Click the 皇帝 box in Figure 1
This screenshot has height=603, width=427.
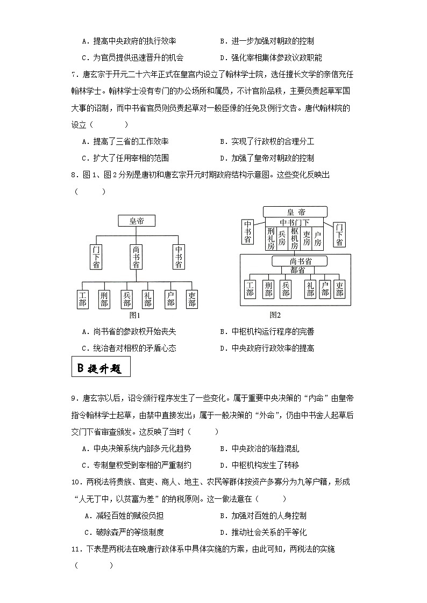click(x=136, y=221)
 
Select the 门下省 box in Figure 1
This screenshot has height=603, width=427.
click(x=96, y=257)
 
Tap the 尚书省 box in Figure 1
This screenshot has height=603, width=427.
click(x=136, y=257)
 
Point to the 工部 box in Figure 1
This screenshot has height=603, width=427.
click(x=83, y=299)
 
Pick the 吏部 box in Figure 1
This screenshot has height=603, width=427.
click(x=192, y=299)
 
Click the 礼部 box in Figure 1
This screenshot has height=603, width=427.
click(x=148, y=299)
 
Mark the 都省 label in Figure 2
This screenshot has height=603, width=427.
click(x=297, y=270)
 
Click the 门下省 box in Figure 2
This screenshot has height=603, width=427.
click(x=339, y=235)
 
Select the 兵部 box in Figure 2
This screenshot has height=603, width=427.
click(x=286, y=289)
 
